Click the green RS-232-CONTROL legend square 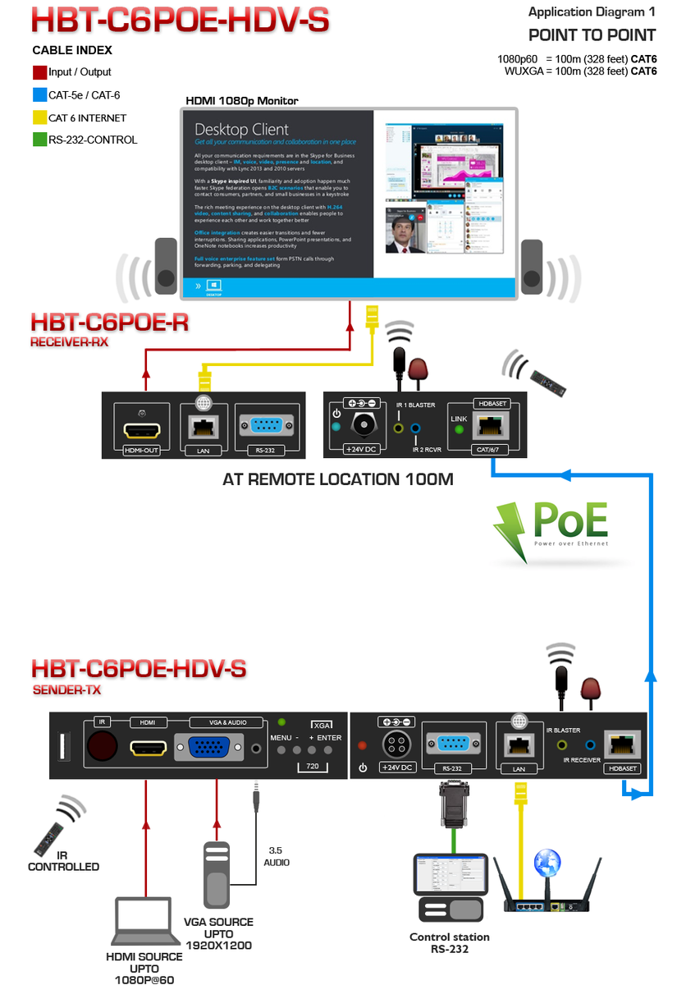click(40, 140)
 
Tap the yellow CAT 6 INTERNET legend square click(40, 117)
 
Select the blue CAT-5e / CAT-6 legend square click(40, 94)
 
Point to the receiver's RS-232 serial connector click(265, 426)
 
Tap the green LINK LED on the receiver click(460, 430)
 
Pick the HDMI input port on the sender click(148, 749)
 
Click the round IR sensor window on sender click(102, 747)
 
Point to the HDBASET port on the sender click(623, 745)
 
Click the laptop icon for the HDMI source click(144, 922)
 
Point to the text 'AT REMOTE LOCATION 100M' click(337, 479)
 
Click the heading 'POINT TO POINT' click(592, 34)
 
